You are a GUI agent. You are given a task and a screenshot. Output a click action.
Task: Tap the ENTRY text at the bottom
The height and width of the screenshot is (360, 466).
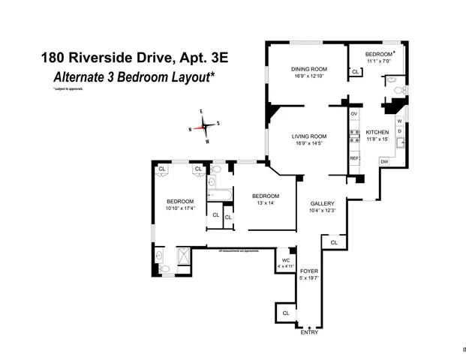[308, 332]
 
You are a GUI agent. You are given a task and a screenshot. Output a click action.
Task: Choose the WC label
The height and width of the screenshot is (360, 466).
[286, 260]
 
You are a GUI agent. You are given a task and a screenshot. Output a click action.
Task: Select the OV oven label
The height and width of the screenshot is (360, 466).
[354, 113]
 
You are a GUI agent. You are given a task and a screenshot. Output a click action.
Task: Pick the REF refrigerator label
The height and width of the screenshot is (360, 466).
[354, 159]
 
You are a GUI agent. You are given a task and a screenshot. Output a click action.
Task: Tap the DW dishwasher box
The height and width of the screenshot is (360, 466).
[384, 161]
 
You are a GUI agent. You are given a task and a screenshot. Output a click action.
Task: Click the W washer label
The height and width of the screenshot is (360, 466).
[399, 120]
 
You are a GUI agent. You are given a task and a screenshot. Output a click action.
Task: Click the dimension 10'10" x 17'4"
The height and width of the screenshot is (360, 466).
[180, 208]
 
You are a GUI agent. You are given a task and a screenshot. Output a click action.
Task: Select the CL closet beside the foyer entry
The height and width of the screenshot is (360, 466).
[286, 313]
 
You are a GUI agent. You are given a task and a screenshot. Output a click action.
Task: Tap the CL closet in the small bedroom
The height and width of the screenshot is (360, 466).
[355, 72]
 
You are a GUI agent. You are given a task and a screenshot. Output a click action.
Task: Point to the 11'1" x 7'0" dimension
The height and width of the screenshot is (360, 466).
[379, 63]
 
